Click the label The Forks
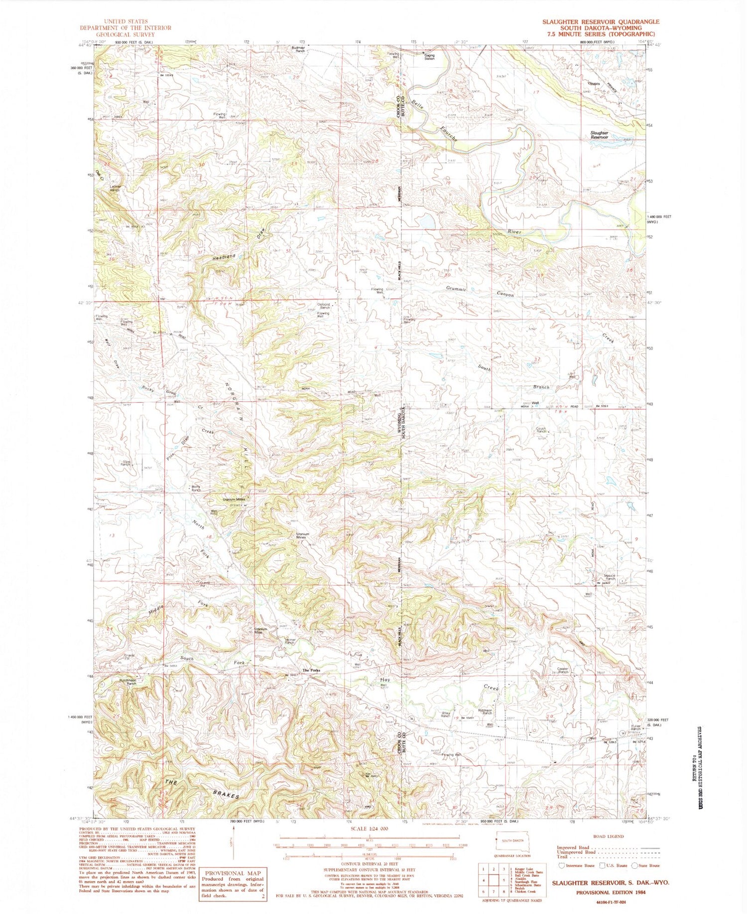312,671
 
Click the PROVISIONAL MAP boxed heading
233,873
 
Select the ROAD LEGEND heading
607,836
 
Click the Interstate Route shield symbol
562,865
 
